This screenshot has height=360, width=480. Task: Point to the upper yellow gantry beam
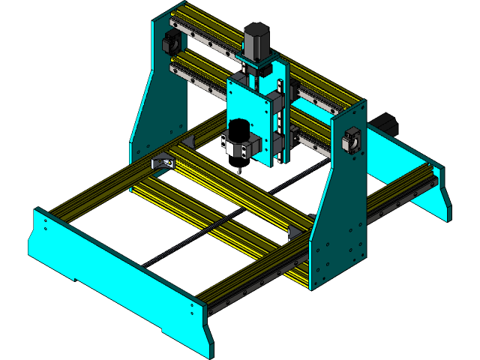click(210, 26)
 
